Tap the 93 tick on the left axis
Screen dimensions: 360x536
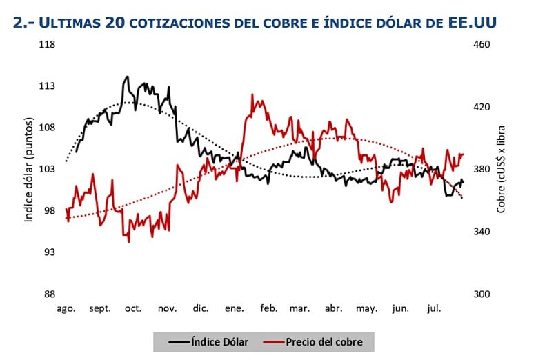(50, 252)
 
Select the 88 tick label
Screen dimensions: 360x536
(50, 294)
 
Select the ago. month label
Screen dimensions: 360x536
(66, 309)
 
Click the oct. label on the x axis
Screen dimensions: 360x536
(132, 309)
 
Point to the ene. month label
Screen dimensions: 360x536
(235, 309)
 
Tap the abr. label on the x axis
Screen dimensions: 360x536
(333, 309)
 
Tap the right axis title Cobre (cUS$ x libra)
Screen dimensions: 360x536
(502, 169)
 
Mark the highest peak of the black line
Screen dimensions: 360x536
(128, 77)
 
